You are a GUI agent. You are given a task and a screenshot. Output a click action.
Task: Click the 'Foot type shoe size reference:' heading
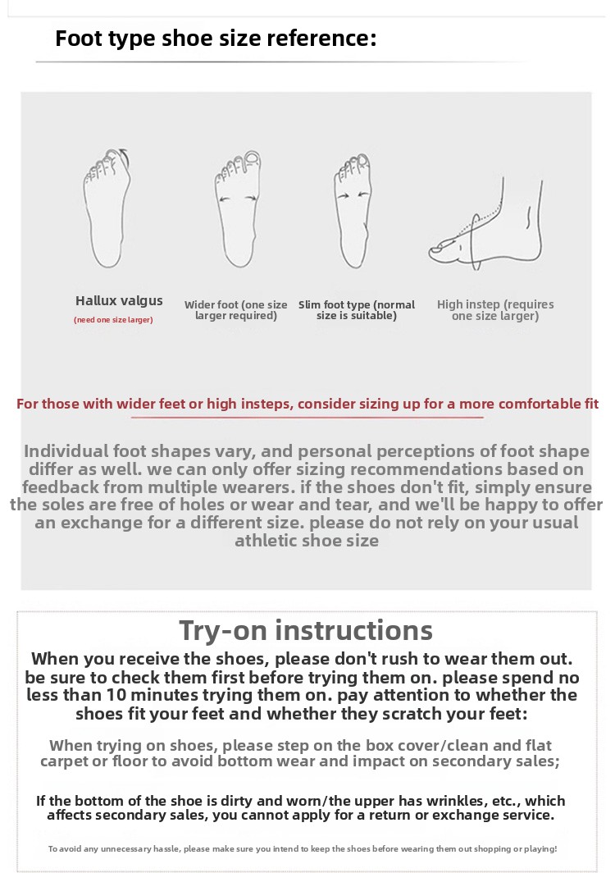point(216,39)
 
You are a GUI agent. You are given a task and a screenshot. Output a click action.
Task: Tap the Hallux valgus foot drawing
point(107,208)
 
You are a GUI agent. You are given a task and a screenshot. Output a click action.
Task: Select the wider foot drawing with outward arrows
point(238,208)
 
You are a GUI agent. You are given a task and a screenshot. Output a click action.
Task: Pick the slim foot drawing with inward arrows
point(353,211)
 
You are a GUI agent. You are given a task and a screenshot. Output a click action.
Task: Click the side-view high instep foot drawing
point(486,224)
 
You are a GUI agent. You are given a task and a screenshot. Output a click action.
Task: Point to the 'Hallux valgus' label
point(119,301)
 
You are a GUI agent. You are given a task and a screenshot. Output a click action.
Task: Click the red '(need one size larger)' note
point(113,320)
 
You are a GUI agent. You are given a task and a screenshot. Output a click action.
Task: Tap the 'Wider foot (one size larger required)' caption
point(236,310)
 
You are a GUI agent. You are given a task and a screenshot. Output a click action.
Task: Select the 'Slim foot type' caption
point(334,304)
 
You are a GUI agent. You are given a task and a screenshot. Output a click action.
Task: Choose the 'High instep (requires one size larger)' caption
point(495,310)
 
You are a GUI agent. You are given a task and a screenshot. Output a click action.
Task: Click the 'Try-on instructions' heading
point(306,631)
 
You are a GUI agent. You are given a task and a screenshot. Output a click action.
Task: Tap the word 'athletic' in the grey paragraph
point(266,541)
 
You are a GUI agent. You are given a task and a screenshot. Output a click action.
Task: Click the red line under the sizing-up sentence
point(307,417)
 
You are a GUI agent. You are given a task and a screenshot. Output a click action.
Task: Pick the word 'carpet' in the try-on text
point(64,761)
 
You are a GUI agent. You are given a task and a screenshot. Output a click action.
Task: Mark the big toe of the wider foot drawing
point(253,158)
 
